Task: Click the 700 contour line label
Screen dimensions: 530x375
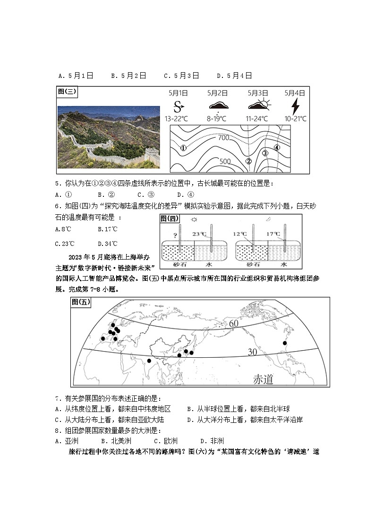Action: (x=223, y=138)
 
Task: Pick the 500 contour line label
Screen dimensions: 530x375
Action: (x=225, y=161)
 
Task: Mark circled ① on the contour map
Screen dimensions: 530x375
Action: (x=184, y=148)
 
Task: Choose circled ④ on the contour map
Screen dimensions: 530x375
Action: (x=277, y=147)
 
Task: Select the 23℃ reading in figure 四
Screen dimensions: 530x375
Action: (x=200, y=234)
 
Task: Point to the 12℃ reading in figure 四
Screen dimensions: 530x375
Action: (x=240, y=234)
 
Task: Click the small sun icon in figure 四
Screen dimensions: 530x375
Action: (x=195, y=219)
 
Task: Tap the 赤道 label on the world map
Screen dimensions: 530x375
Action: (x=263, y=379)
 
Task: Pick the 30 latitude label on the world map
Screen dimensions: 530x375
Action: (x=253, y=352)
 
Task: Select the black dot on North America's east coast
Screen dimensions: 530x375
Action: (x=285, y=343)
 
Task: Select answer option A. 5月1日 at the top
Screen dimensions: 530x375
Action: (x=76, y=76)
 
